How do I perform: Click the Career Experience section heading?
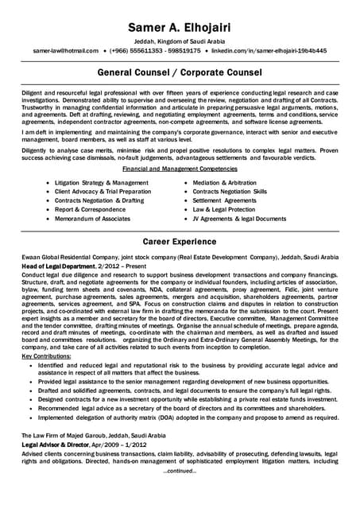point(180,239)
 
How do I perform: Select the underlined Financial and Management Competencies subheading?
point(180,169)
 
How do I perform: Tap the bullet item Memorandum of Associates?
point(92,218)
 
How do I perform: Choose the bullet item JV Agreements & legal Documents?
point(239,218)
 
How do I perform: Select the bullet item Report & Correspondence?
point(90,209)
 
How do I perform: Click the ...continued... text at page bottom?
point(180,470)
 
